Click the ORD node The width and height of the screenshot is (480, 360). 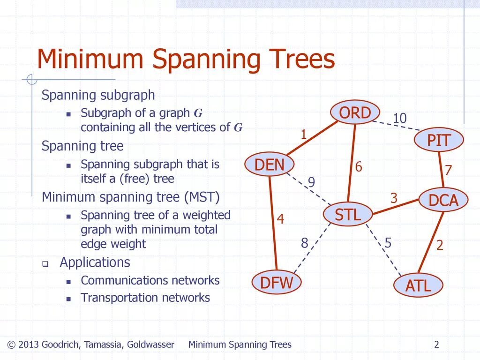[x=355, y=113]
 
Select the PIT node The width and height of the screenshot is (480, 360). [x=439, y=140]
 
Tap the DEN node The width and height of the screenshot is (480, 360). [x=270, y=165]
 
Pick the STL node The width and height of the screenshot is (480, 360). [x=348, y=215]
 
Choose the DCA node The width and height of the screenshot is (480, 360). [x=443, y=200]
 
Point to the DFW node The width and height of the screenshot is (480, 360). [x=277, y=283]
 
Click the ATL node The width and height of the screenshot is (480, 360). [x=418, y=285]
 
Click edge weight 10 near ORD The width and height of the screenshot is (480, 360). [x=399, y=119]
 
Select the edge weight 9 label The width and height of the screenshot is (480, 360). [x=311, y=182]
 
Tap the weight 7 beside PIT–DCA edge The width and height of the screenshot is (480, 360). [x=448, y=170]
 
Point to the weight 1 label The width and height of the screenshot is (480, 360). [x=303, y=135]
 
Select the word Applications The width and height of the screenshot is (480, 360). [x=95, y=262]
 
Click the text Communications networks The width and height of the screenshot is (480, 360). [x=150, y=280]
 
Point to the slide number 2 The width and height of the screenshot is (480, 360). [x=436, y=345]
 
